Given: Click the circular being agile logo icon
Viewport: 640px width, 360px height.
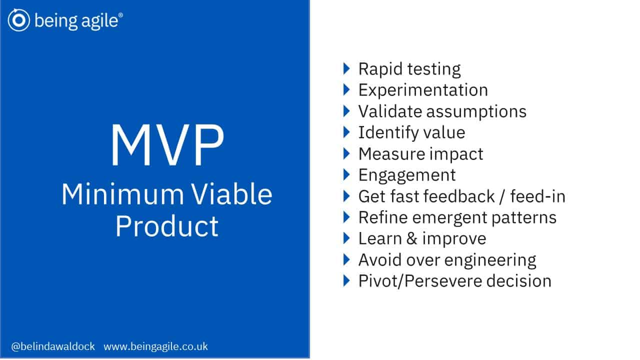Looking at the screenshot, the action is (x=19, y=20).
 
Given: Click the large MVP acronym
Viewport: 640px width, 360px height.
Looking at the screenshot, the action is (x=167, y=145).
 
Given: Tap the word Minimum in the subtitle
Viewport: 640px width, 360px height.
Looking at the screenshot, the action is (x=122, y=194).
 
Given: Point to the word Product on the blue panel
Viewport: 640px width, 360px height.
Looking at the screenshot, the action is (x=167, y=226).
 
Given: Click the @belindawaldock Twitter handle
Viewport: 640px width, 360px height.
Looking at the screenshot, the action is (x=53, y=346).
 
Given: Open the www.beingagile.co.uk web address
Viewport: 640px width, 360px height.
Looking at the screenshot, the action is (x=155, y=346).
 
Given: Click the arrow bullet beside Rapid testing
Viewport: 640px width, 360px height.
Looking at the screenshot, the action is (x=346, y=69).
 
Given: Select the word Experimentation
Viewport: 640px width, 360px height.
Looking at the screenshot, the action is (x=423, y=90).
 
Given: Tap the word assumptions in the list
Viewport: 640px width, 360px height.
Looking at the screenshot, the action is (x=476, y=111).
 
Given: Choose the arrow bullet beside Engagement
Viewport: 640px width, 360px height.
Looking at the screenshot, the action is (x=346, y=175).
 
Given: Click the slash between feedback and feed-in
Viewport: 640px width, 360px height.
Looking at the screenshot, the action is (x=502, y=196).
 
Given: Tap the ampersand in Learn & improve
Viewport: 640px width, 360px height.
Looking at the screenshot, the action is (x=411, y=238).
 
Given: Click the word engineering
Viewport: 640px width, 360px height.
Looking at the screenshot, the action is (x=490, y=260).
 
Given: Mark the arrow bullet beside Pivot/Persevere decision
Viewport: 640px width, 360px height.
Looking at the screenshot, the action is (x=346, y=281).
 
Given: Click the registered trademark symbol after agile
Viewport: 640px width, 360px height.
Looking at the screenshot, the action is (x=120, y=15).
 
